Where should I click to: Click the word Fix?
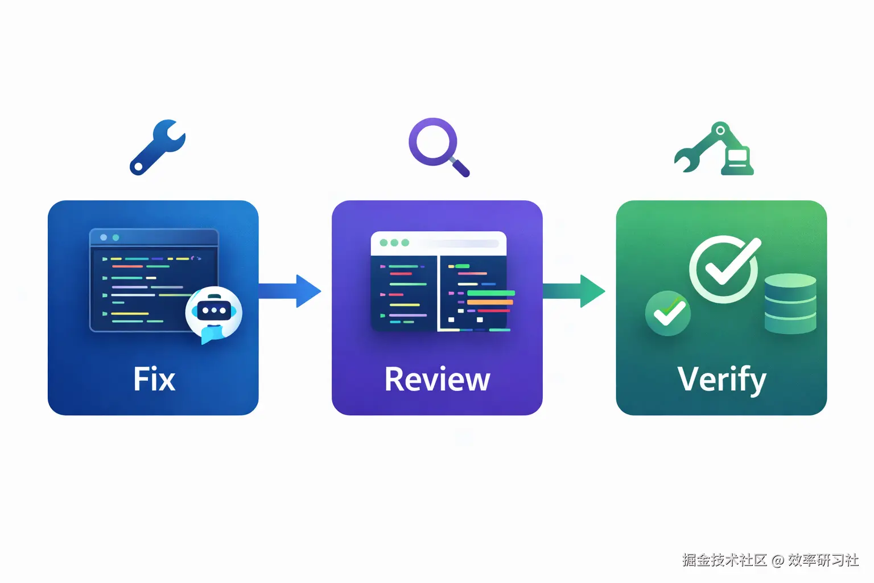[x=154, y=379]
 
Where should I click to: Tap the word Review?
[x=437, y=379]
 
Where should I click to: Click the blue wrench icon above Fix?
[x=157, y=147]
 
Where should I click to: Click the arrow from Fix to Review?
[x=290, y=291]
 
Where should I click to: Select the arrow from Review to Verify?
[x=574, y=291]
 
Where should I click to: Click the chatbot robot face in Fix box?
[x=213, y=310]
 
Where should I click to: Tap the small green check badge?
[x=668, y=313]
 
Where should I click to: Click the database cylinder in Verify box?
[x=790, y=303]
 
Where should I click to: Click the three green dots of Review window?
[x=394, y=243]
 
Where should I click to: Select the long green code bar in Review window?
[x=490, y=293]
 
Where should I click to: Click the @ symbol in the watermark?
[x=778, y=560]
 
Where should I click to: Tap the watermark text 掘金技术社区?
[x=724, y=560]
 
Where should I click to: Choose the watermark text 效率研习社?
[x=823, y=560]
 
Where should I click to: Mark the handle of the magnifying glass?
[x=460, y=167]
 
